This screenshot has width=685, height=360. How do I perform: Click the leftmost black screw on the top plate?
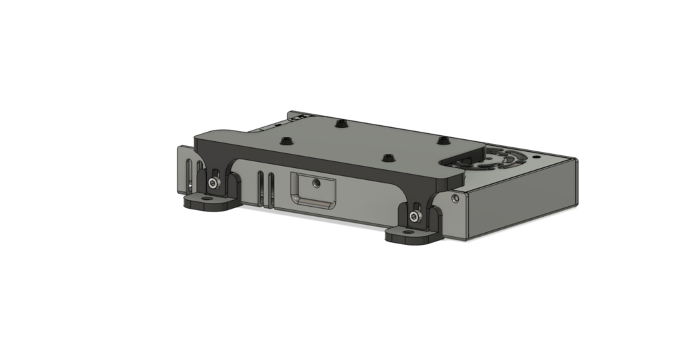point(286,141)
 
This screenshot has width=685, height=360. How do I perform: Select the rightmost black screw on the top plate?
point(442,141)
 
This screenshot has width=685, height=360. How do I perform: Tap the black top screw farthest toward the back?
point(342,124)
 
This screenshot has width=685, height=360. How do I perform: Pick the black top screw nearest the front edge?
point(386,158)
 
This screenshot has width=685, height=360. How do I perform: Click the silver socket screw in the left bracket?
point(213,183)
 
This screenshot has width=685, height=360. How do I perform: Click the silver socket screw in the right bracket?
point(415,216)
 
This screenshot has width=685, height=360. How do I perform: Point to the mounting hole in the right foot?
point(408,233)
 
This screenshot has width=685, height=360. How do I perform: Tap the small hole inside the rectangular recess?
point(317,181)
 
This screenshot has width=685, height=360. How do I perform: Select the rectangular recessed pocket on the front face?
point(312,191)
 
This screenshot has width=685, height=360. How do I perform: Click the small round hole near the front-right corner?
point(455,199)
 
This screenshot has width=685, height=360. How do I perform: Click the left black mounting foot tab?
point(209,203)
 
